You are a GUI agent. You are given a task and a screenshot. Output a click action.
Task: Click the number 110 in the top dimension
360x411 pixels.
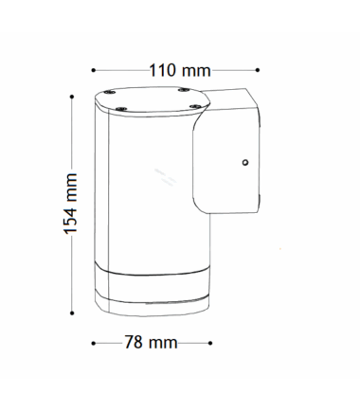(x=162, y=70)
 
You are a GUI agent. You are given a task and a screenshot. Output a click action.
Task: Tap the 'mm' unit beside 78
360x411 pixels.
(x=163, y=343)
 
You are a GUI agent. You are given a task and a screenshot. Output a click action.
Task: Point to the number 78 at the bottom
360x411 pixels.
(x=134, y=342)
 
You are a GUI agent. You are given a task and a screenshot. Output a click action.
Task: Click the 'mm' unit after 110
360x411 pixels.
(x=196, y=71)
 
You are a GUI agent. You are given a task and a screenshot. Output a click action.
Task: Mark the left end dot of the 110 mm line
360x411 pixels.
(x=93, y=70)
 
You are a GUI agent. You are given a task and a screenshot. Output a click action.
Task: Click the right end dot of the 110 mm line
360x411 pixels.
(x=258, y=70)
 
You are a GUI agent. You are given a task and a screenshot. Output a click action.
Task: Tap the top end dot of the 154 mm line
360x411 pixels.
(x=72, y=97)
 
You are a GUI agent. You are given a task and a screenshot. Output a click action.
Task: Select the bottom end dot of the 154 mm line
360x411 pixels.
(x=72, y=313)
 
